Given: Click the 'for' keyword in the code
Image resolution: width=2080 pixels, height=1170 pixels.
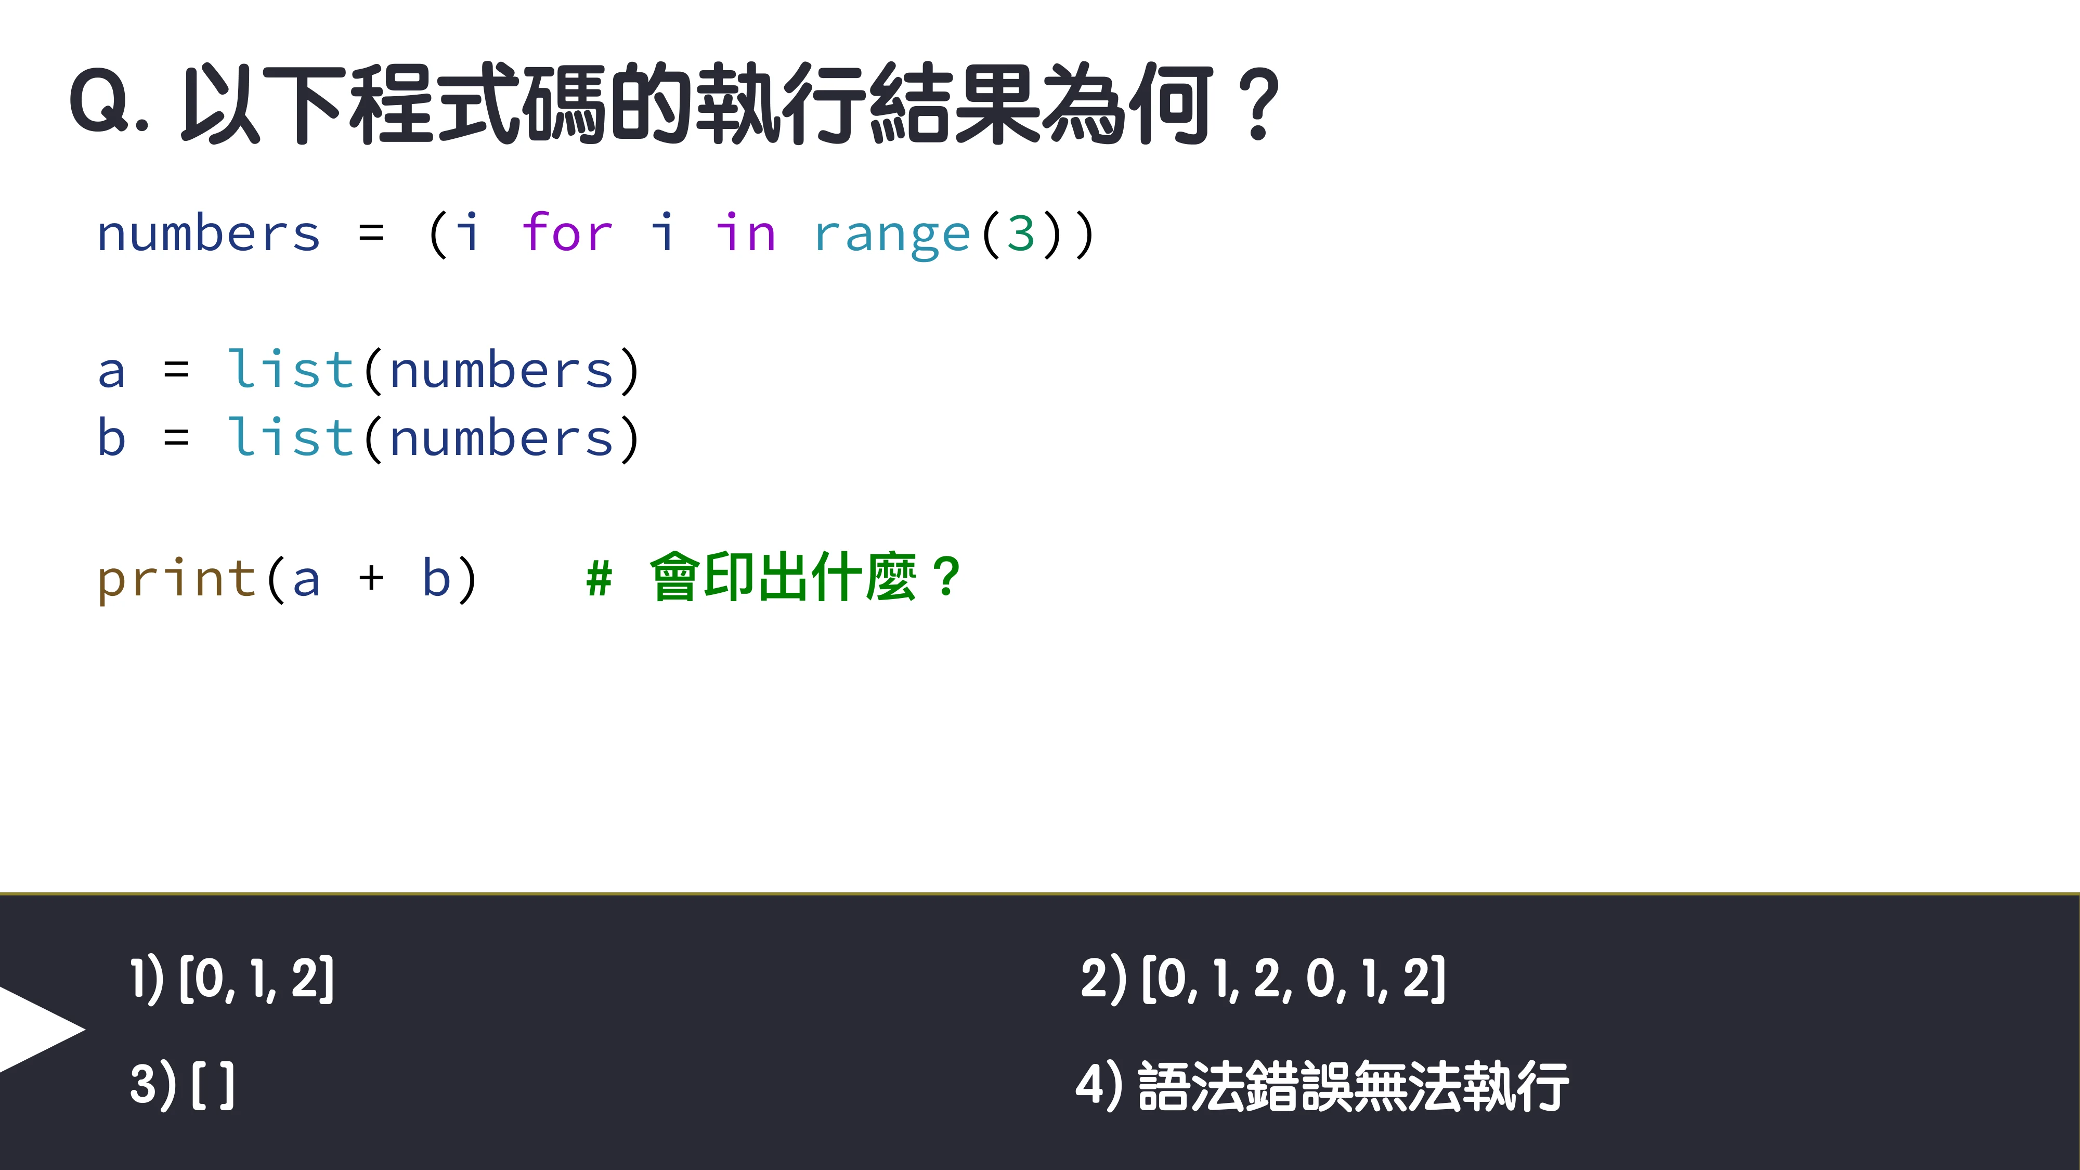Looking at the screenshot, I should tap(567, 233).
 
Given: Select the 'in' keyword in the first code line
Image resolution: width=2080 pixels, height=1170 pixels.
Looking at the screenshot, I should tap(745, 233).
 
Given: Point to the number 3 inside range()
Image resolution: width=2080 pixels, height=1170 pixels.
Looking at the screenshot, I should tap(1021, 233).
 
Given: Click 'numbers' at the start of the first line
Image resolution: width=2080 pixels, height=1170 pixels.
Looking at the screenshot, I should tap(209, 233).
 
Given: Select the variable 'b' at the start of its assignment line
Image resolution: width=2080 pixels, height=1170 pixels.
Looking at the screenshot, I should tap(111, 438).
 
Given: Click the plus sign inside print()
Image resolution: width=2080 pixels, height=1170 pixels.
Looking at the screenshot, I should tap(371, 578).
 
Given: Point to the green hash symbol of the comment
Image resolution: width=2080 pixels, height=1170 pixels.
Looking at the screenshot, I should tap(599, 578).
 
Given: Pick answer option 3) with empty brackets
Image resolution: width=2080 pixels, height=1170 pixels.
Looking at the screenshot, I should tap(183, 1084).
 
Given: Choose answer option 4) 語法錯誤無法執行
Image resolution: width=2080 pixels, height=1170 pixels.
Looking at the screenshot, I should tap(1322, 1086).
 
